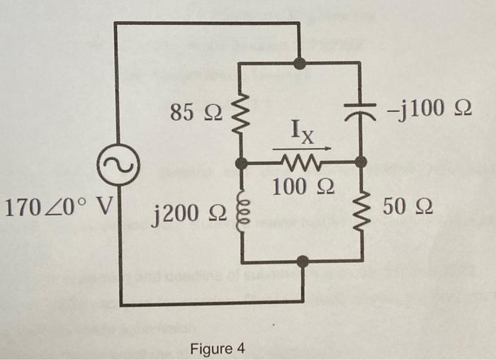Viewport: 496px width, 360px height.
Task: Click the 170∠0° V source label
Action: (58, 209)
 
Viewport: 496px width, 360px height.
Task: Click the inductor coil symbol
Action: (242, 210)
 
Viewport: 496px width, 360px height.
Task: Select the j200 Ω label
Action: (186, 210)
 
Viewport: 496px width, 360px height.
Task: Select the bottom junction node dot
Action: (303, 261)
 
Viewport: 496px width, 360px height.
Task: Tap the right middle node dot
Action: (361, 163)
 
